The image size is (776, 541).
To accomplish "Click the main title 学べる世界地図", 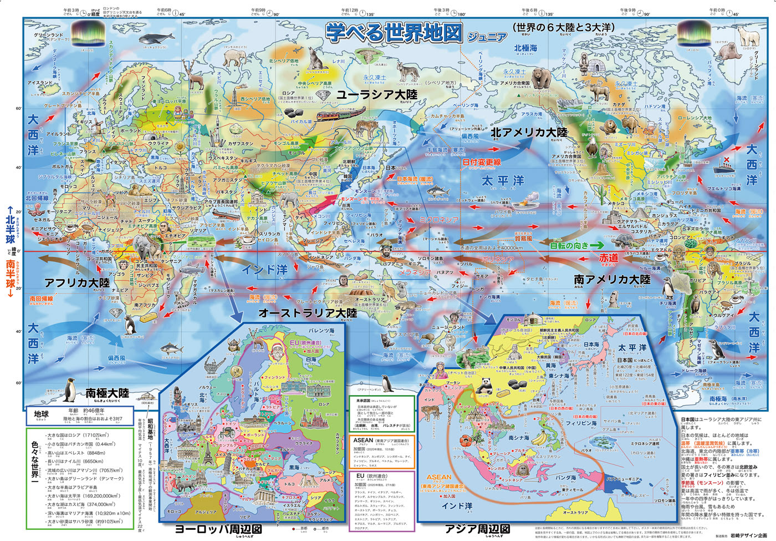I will coord(394,33).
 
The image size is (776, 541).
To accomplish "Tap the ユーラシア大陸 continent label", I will coord(376,94).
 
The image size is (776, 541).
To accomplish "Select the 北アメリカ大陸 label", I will coord(529,133).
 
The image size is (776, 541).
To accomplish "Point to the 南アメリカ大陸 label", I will coord(612,279).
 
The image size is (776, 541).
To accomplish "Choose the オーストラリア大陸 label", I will coord(307,313).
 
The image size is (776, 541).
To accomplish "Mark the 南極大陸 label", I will coord(107,393).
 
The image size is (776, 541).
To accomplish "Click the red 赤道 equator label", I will coord(608,258).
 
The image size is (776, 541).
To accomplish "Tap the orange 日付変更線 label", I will coord(482,163).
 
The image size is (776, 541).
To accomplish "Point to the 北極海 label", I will coord(525,48).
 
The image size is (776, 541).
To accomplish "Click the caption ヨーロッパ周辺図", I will coord(218,529).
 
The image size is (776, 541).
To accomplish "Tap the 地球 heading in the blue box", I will coord(42,414).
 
